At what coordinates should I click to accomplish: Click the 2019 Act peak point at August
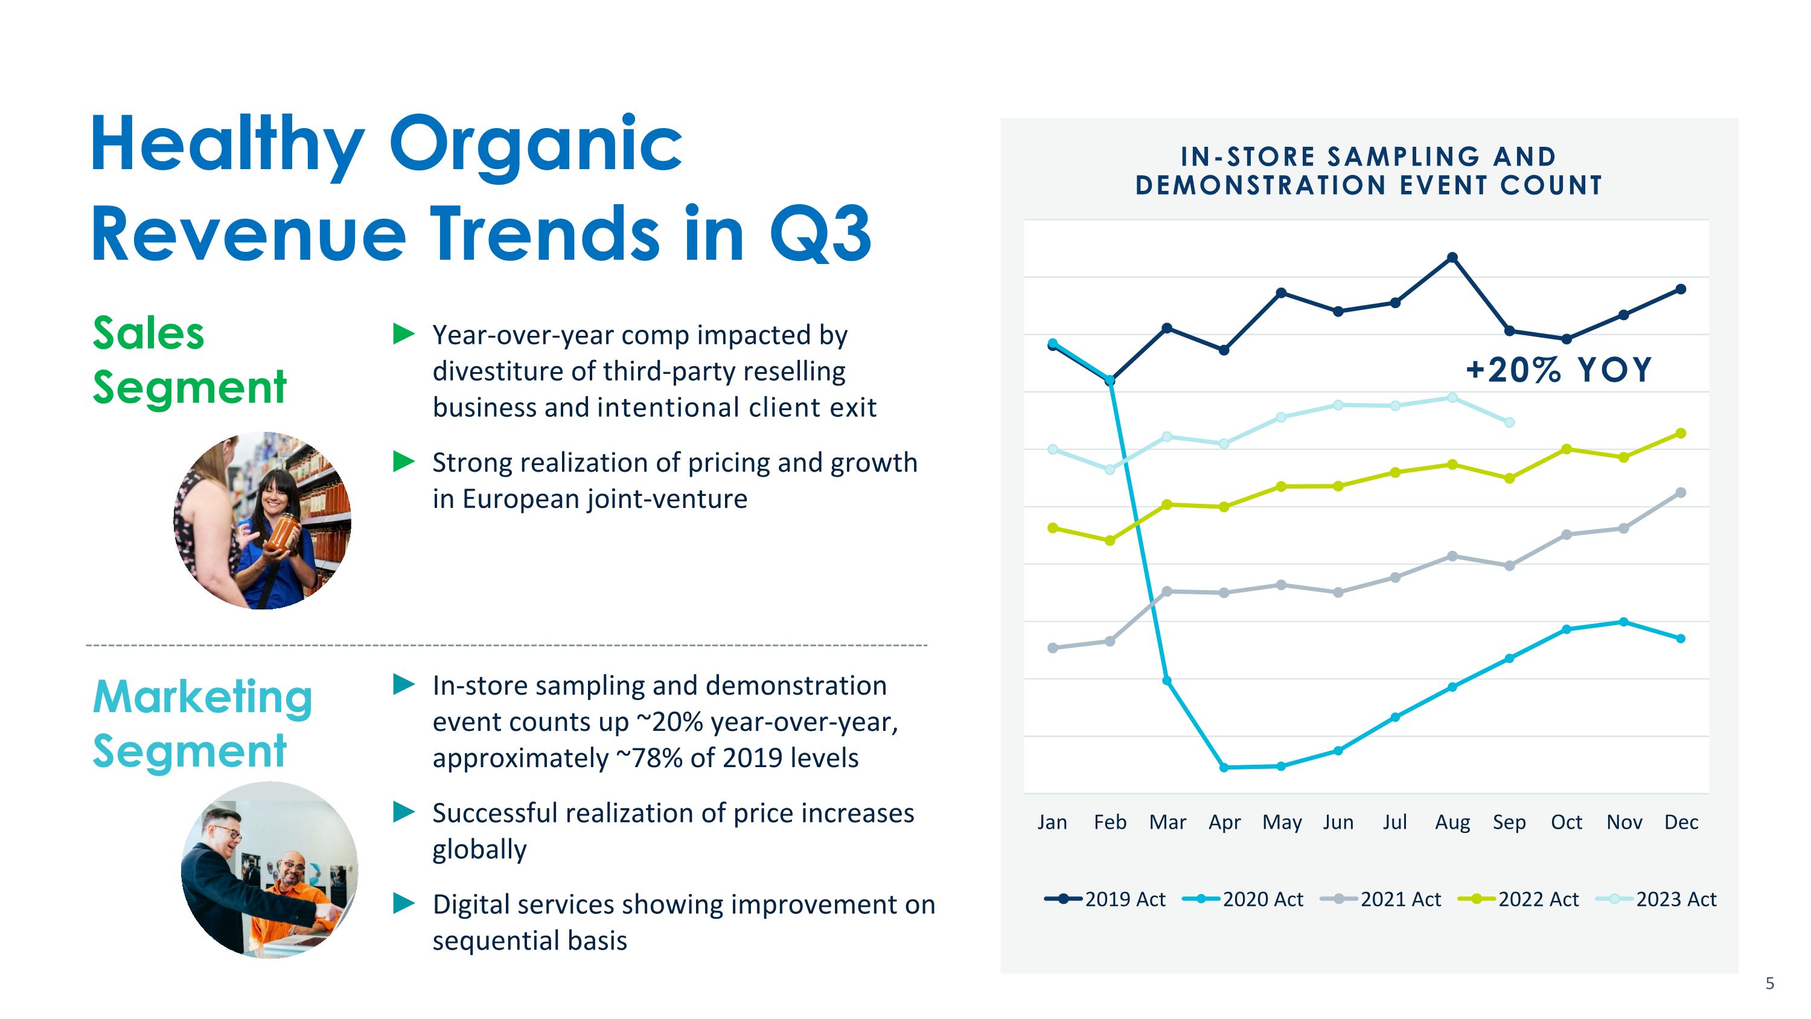click(x=1452, y=257)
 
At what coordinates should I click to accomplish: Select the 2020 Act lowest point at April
click(x=1224, y=767)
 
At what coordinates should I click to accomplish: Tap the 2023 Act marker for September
click(x=1509, y=423)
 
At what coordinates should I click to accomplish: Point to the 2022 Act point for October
click(x=1567, y=449)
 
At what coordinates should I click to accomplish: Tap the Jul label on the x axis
click(x=1395, y=822)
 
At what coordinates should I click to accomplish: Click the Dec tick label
click(x=1681, y=822)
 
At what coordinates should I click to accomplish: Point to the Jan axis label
click(x=1052, y=822)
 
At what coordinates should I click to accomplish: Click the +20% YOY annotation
click(x=1559, y=370)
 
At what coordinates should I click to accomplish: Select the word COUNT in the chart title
click(x=1551, y=185)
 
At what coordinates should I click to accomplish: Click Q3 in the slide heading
click(x=820, y=234)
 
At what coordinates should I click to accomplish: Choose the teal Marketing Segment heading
click(x=202, y=724)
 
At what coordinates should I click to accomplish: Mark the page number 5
click(x=1769, y=983)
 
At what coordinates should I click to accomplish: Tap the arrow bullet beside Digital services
click(x=403, y=903)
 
